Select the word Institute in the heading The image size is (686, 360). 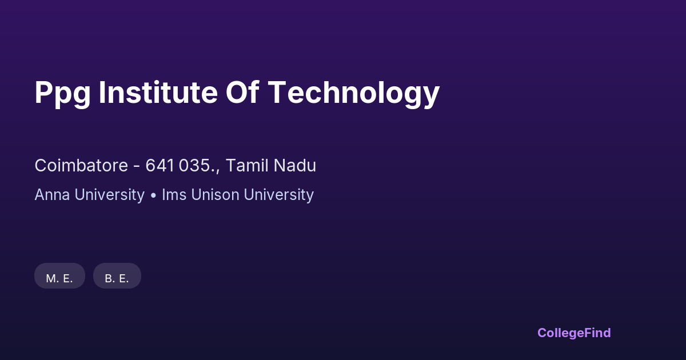158,92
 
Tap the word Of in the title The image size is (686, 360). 242,92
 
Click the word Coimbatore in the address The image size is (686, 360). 81,165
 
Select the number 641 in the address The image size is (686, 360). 159,166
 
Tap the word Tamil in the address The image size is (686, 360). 247,165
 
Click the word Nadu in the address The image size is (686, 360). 294,165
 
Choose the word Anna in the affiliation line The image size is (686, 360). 53,195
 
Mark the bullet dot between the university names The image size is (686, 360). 153,195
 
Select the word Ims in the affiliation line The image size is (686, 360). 174,195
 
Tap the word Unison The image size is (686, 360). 216,195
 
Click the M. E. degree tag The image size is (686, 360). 59,276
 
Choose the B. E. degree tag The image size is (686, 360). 117,276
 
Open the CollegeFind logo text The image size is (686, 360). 574,333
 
